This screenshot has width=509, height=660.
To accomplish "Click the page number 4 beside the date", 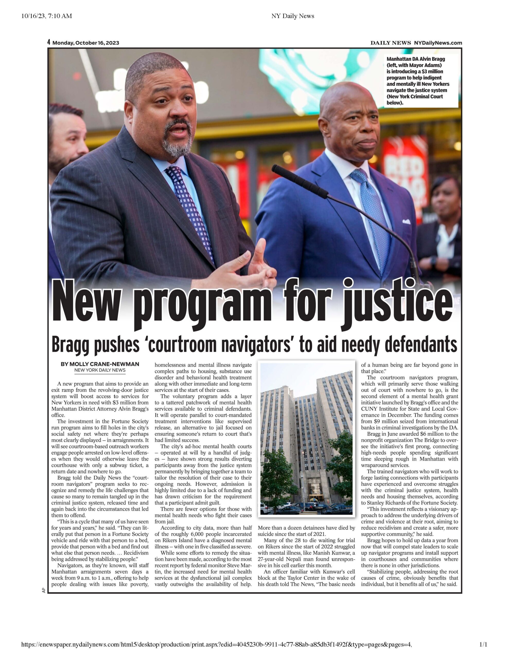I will point(49,42).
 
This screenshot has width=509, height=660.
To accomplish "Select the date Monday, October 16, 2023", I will point(86,43).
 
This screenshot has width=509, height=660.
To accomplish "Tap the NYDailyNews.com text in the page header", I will point(438,43).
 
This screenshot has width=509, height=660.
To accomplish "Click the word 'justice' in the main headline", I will point(398,302).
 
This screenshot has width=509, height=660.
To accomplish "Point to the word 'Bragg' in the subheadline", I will point(70,345).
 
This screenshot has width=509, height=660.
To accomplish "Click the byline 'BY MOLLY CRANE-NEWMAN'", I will point(100,364).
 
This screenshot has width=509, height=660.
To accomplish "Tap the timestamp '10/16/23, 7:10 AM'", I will point(47,16).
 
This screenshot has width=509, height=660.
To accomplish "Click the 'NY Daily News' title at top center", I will point(293,16).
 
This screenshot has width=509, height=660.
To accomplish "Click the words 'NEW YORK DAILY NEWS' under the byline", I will point(100,370).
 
